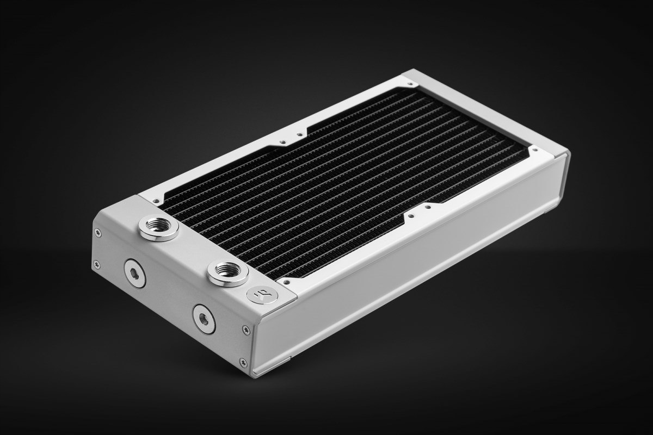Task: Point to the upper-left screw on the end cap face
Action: (98, 233)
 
